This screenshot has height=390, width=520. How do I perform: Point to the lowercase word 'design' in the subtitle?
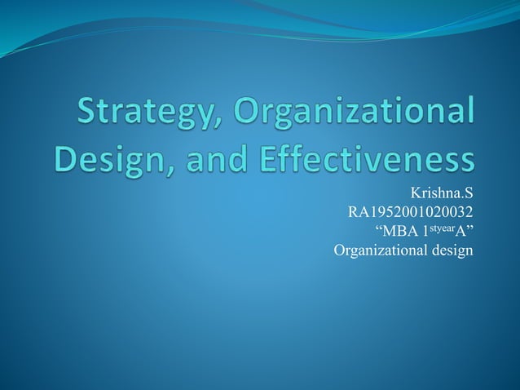[x=447, y=250]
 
